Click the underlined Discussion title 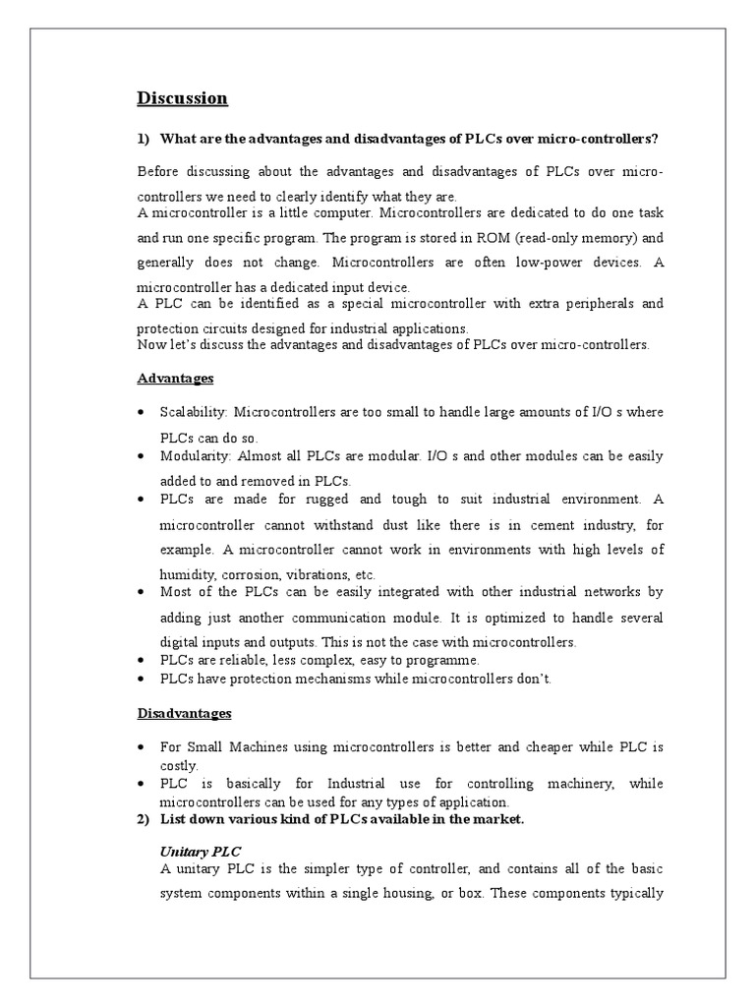(x=182, y=98)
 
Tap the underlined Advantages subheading (x=176, y=379)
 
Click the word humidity (x=186, y=573)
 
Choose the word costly (x=179, y=765)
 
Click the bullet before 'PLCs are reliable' (x=144, y=660)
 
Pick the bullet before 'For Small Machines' (x=144, y=748)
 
